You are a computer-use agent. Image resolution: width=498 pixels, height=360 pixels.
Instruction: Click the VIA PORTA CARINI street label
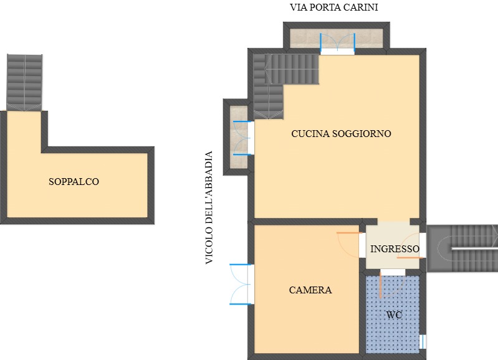334,7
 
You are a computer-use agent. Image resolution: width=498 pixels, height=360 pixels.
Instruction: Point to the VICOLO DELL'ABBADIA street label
209,207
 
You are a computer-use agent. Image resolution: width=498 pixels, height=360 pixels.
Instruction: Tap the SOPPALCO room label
74,182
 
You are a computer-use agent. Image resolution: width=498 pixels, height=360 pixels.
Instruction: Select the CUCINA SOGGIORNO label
341,134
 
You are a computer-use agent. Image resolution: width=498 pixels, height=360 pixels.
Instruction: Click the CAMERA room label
310,290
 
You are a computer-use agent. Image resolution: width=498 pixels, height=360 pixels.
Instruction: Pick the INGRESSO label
395,249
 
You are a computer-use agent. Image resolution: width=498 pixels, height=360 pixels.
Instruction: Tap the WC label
394,315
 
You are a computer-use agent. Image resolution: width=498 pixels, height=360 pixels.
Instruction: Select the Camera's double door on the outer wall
241,284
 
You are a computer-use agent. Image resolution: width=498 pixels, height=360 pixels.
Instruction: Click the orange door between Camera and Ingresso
350,244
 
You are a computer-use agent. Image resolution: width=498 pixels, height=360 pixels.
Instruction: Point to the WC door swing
391,285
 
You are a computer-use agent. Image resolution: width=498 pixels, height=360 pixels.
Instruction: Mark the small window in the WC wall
423,341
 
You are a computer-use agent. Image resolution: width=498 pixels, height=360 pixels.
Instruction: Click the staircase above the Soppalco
24,83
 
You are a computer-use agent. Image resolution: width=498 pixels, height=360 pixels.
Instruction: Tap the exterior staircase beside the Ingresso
462,249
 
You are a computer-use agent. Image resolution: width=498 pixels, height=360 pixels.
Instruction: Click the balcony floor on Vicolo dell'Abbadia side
239,137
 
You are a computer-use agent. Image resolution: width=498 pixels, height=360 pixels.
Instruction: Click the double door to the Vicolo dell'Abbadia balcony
243,138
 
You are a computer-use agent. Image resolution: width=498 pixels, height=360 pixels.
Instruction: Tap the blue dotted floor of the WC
393,315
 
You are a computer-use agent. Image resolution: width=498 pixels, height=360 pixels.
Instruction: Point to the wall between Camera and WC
362,312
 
